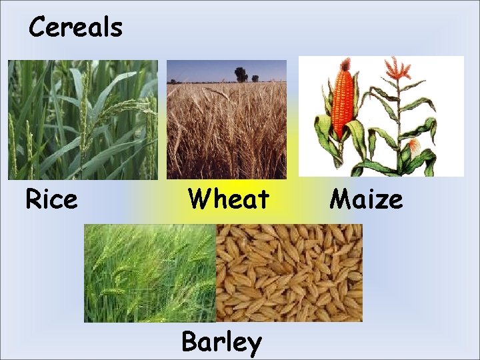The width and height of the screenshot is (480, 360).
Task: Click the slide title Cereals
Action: (75, 28)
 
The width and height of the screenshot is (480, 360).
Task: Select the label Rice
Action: (51, 199)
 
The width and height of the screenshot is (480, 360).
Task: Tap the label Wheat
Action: (229, 199)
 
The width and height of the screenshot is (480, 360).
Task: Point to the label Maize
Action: (367, 199)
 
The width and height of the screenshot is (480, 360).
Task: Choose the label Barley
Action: (222, 342)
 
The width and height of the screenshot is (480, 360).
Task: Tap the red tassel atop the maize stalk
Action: (399, 68)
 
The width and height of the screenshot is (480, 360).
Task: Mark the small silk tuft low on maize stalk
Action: (415, 145)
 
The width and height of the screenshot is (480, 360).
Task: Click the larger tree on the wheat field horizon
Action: (241, 73)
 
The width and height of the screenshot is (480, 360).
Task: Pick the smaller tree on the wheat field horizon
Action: (255, 78)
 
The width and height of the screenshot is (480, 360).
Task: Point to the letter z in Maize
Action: (379, 199)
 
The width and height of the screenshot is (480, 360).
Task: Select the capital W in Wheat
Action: (198, 199)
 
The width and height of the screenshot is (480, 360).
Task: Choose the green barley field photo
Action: (150, 273)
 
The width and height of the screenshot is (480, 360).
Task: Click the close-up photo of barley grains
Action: (289, 273)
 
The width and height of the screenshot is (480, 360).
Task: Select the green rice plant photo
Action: (83, 120)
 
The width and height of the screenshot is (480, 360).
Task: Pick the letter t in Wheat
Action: (263, 199)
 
